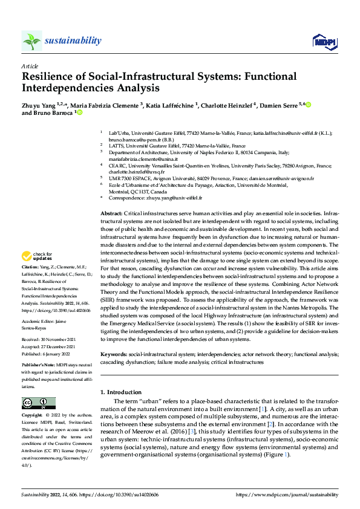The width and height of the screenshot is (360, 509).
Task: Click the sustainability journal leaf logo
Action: [32, 41]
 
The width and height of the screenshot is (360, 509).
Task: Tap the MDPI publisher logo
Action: [324, 41]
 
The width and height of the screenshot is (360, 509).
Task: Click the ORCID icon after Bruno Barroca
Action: [79, 113]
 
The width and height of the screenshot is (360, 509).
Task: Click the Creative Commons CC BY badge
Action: [38, 403]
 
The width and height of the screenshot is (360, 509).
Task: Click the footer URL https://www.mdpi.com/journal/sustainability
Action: [287, 494]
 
